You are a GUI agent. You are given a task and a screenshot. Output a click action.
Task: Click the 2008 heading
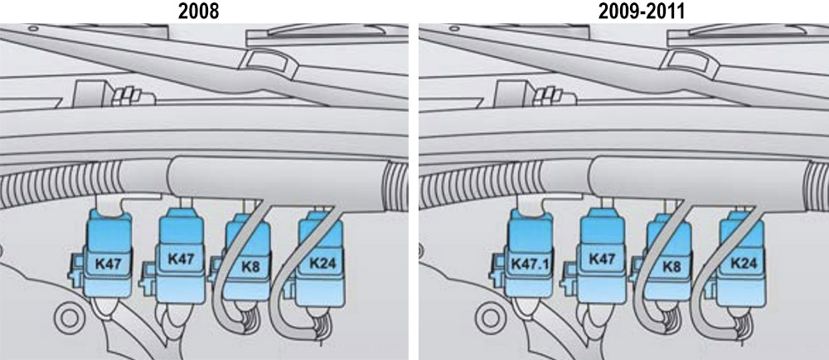pos(198,11)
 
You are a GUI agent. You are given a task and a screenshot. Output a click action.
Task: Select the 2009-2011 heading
pos(642,11)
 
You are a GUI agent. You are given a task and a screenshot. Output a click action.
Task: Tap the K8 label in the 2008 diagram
pos(250,267)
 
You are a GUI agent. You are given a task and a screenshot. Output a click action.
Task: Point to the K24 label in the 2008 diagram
pos(322,263)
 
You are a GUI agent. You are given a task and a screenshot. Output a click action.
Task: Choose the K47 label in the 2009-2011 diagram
pos(601,260)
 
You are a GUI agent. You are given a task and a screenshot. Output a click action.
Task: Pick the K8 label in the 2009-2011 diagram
pos(671,267)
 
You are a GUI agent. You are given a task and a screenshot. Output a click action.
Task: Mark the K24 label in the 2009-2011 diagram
pos(744,263)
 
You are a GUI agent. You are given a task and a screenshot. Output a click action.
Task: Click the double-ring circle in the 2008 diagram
pos(69,319)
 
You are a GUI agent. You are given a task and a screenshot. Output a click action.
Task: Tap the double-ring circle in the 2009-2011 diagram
pos(490,319)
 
